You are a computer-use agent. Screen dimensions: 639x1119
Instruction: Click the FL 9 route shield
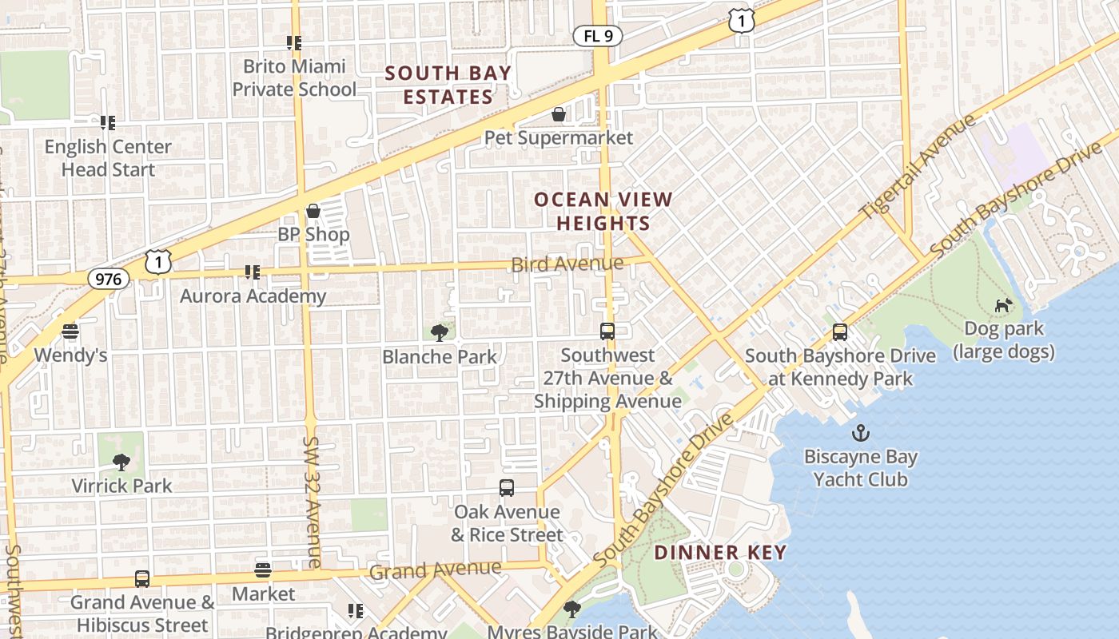point(597,35)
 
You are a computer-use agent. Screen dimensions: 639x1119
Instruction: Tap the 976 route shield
point(108,278)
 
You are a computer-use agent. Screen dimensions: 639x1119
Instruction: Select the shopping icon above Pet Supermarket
point(559,115)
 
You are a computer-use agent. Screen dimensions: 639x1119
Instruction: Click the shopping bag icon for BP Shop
point(313,211)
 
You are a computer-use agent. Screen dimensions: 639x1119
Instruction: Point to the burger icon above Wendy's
point(70,331)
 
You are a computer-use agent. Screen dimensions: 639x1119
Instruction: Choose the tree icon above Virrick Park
point(121,462)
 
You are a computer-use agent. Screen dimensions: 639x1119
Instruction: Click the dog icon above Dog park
point(1003,305)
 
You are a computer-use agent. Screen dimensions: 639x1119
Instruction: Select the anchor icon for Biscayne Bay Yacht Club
point(861,434)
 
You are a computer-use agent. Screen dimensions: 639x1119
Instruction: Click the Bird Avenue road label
point(567,264)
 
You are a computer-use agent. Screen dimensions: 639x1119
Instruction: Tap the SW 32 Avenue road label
point(312,502)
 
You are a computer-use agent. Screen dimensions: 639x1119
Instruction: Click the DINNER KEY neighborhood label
point(720,552)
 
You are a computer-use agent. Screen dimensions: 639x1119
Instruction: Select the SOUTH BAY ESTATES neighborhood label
point(448,85)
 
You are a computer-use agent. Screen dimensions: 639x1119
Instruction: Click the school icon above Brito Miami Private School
point(294,42)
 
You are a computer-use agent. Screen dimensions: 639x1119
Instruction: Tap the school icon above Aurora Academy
point(253,272)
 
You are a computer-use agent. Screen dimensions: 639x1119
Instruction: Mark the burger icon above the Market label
point(263,570)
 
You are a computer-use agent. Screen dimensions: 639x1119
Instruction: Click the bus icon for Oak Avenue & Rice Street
point(507,487)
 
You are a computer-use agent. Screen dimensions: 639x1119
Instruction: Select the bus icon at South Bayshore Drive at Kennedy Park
point(839,332)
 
